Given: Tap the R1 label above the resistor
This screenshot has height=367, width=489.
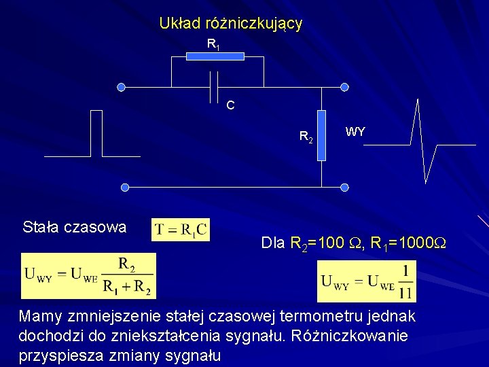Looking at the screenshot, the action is [x=213, y=45].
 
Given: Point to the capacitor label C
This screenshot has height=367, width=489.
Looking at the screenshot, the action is [x=231, y=105].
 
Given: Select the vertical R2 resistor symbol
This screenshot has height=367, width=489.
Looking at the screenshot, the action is [x=322, y=135].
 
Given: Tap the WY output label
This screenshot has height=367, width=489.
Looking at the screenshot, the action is [x=355, y=132].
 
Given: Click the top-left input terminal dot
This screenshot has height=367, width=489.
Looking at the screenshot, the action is [x=121, y=87].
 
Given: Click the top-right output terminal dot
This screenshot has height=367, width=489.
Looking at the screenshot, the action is [x=344, y=87].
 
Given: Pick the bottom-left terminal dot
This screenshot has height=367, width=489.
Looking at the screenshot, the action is [x=124, y=187].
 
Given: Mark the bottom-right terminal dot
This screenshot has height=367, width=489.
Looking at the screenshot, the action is [x=344, y=187].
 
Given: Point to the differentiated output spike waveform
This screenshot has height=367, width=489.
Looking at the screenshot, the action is [x=424, y=142].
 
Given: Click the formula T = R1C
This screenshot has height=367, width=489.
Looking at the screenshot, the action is [x=181, y=229].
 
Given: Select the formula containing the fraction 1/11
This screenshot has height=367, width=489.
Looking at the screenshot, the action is [x=367, y=281].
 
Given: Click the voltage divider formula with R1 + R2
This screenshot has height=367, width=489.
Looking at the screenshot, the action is [x=88, y=276].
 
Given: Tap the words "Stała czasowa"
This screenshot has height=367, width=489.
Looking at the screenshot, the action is [x=74, y=227].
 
